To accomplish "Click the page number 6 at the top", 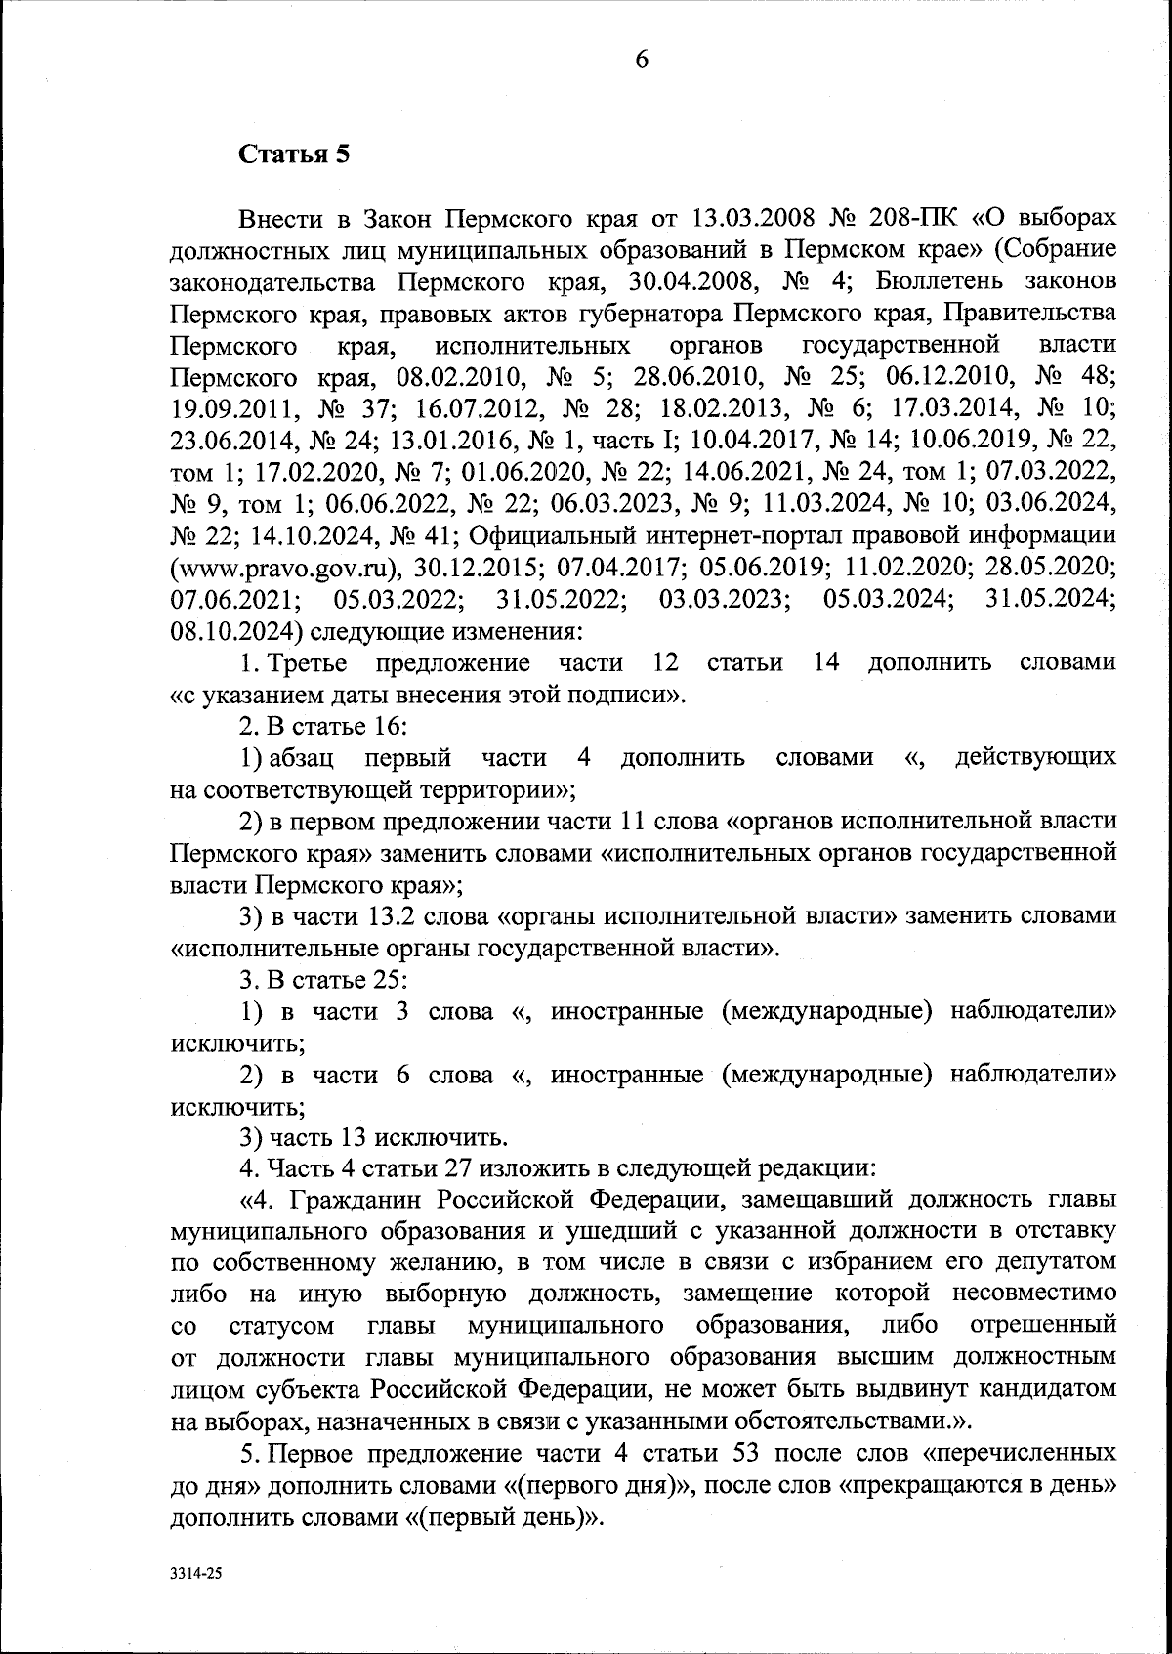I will click(642, 61).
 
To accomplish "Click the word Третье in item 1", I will click(308, 663).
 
